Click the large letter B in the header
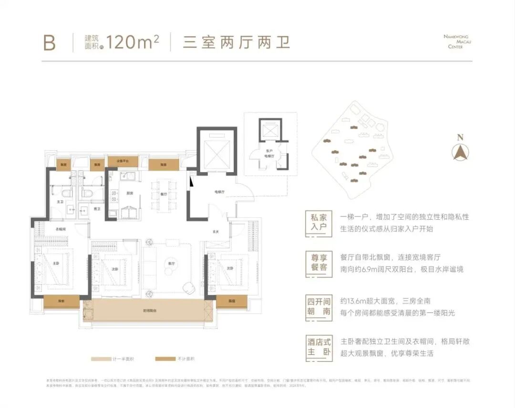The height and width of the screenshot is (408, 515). [x=49, y=42]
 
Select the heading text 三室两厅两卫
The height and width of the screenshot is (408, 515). [x=237, y=42]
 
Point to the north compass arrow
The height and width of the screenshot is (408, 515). [x=460, y=152]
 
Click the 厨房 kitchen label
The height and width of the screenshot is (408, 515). [x=129, y=193]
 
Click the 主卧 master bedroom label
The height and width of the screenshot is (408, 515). [x=56, y=263]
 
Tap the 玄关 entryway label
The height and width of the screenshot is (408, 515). [x=216, y=232]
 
